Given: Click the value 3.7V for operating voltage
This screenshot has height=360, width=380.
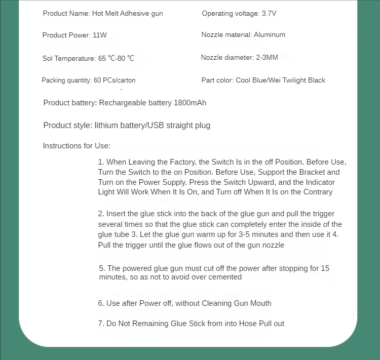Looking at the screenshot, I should [x=269, y=13].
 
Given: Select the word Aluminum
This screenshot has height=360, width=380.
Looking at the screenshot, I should [x=270, y=35].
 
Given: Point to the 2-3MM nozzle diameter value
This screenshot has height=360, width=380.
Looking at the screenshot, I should [x=267, y=57].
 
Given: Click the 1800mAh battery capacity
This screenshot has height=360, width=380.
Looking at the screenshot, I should [x=190, y=103].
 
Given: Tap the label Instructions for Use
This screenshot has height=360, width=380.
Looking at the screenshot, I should [x=77, y=146].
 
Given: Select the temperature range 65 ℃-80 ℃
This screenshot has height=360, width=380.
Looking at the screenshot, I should [x=116, y=59].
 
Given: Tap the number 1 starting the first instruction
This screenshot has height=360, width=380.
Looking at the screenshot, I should [x=101, y=162].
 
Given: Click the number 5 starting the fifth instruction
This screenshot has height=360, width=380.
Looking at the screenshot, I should [x=102, y=268].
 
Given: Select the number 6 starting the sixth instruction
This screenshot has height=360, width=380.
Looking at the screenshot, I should [x=101, y=303].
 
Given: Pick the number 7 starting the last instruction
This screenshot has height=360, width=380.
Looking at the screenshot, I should [x=101, y=323].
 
